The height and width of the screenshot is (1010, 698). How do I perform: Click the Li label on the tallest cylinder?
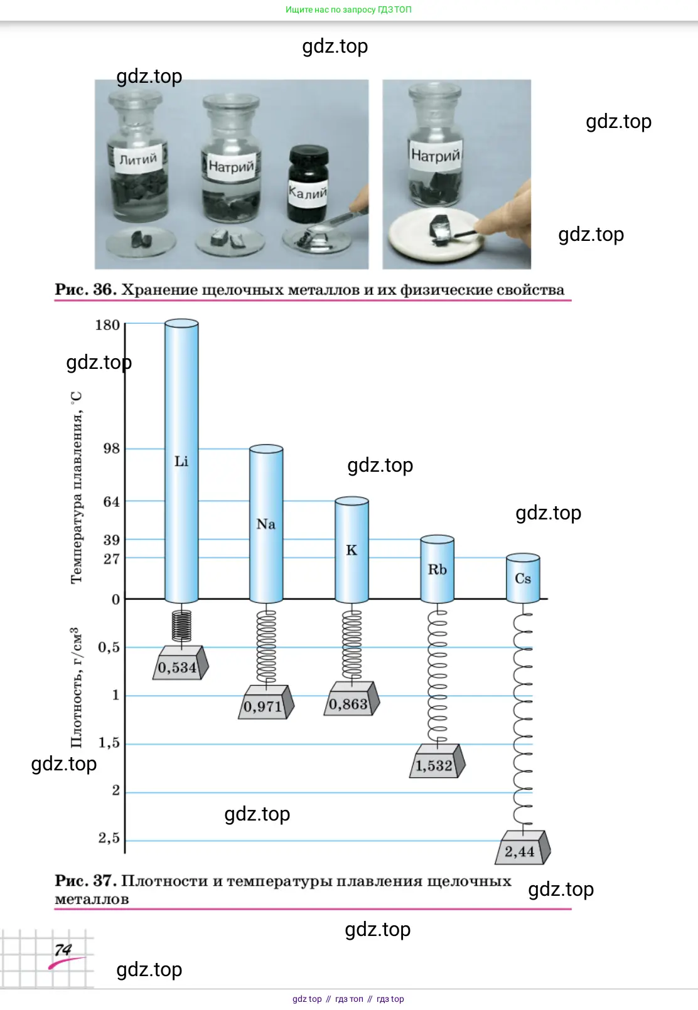click(x=181, y=461)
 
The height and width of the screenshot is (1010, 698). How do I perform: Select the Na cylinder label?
click(x=266, y=524)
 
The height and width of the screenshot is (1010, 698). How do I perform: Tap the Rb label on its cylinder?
click(x=438, y=570)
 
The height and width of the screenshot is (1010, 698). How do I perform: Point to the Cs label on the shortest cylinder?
click(x=523, y=578)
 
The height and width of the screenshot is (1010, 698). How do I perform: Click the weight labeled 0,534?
click(x=181, y=663)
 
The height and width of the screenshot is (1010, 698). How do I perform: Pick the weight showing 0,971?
click(x=266, y=702)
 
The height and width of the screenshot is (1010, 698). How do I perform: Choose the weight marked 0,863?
click(x=352, y=698)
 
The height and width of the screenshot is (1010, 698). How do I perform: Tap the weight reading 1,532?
click(x=438, y=761)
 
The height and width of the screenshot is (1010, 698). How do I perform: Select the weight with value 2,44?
click(x=522, y=848)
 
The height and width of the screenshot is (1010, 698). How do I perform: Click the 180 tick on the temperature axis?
click(x=107, y=325)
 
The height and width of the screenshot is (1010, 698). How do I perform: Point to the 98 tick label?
click(x=112, y=449)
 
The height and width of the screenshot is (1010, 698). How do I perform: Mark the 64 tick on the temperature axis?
click(x=112, y=501)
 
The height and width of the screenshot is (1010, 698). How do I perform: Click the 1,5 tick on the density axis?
click(x=109, y=743)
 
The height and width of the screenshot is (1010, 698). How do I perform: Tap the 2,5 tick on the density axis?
click(x=109, y=838)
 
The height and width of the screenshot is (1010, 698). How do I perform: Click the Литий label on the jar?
click(x=138, y=159)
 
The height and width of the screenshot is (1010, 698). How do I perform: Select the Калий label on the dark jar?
click(x=308, y=193)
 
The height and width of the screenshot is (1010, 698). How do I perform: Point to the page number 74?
click(x=63, y=950)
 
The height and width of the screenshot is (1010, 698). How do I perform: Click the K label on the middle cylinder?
click(x=352, y=550)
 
